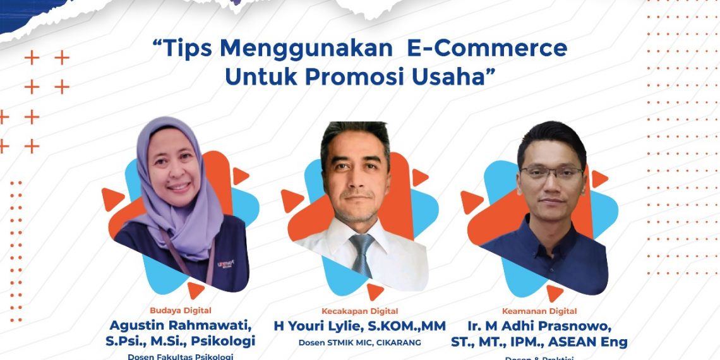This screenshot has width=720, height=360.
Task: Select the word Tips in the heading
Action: pos(184,49)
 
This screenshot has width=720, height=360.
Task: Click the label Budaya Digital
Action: pos(181,310)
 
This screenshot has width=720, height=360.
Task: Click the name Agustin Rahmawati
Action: pos(181,325)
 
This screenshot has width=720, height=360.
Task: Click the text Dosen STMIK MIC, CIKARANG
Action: pos(359,343)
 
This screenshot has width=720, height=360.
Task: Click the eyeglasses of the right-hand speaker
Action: pos(551,172)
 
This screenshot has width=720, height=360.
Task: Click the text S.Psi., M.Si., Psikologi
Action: pos(181,342)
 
